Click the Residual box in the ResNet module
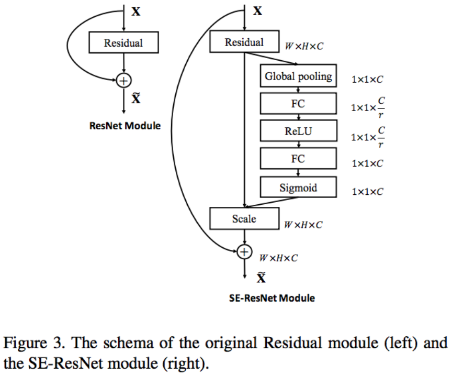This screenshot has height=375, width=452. click(123, 42)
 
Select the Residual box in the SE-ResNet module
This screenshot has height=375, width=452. click(244, 42)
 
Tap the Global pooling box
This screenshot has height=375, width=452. click(298, 76)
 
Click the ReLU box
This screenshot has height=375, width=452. click(298, 131)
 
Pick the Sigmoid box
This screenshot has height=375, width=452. click(298, 187)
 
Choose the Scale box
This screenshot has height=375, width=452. click(244, 218)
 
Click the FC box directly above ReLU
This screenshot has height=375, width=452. click(298, 104)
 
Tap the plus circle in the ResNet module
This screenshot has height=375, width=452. click(123, 80)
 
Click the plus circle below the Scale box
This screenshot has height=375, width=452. click(244, 252)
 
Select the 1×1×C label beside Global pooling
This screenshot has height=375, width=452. click(367, 80)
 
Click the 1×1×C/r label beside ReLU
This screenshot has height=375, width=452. click(367, 137)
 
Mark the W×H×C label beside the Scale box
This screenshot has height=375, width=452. click(303, 225)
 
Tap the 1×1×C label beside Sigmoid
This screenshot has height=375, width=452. click(367, 192)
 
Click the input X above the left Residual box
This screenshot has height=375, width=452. click(136, 11)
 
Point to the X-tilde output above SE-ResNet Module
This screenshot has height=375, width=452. click(261, 278)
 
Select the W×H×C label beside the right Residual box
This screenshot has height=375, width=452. click(304, 46)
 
